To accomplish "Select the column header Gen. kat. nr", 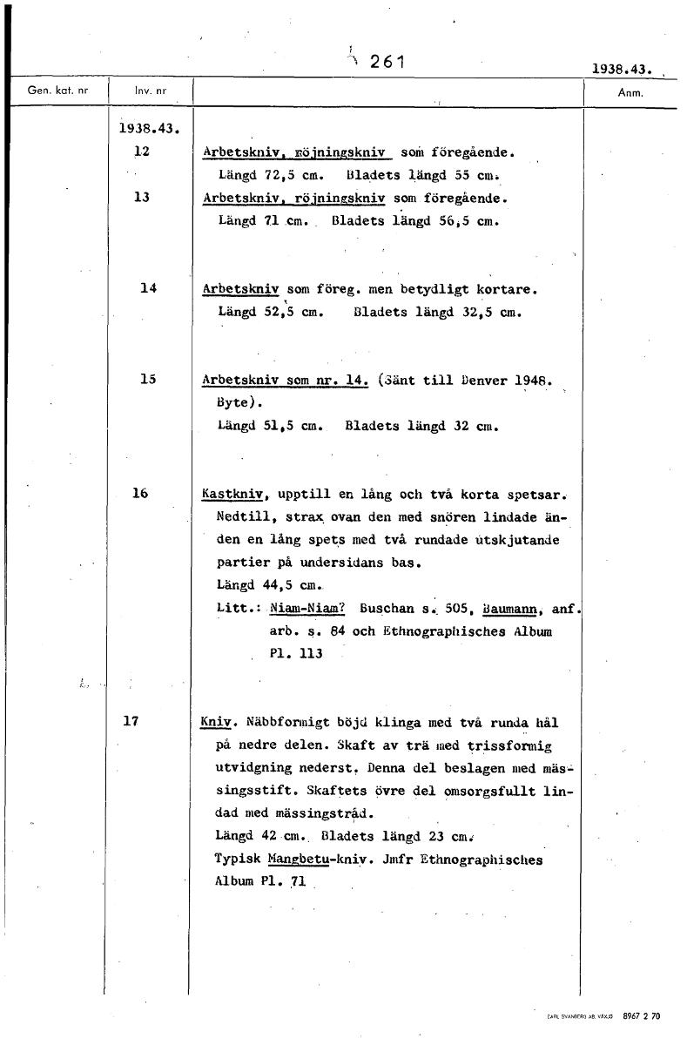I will pos(52,91).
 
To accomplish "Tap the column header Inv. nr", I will pos(150,91).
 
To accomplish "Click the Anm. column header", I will pos(629,91).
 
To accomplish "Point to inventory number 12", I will pos(142,152).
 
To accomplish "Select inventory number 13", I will pos(142,198).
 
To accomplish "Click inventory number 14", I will pos(148,288).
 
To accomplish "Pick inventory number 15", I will pos(148,379).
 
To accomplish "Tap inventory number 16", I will pos(141,493).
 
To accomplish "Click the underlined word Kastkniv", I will pos(233,494).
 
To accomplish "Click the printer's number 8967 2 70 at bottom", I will pos(643,1016).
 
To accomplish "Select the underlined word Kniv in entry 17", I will pos(212,722).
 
